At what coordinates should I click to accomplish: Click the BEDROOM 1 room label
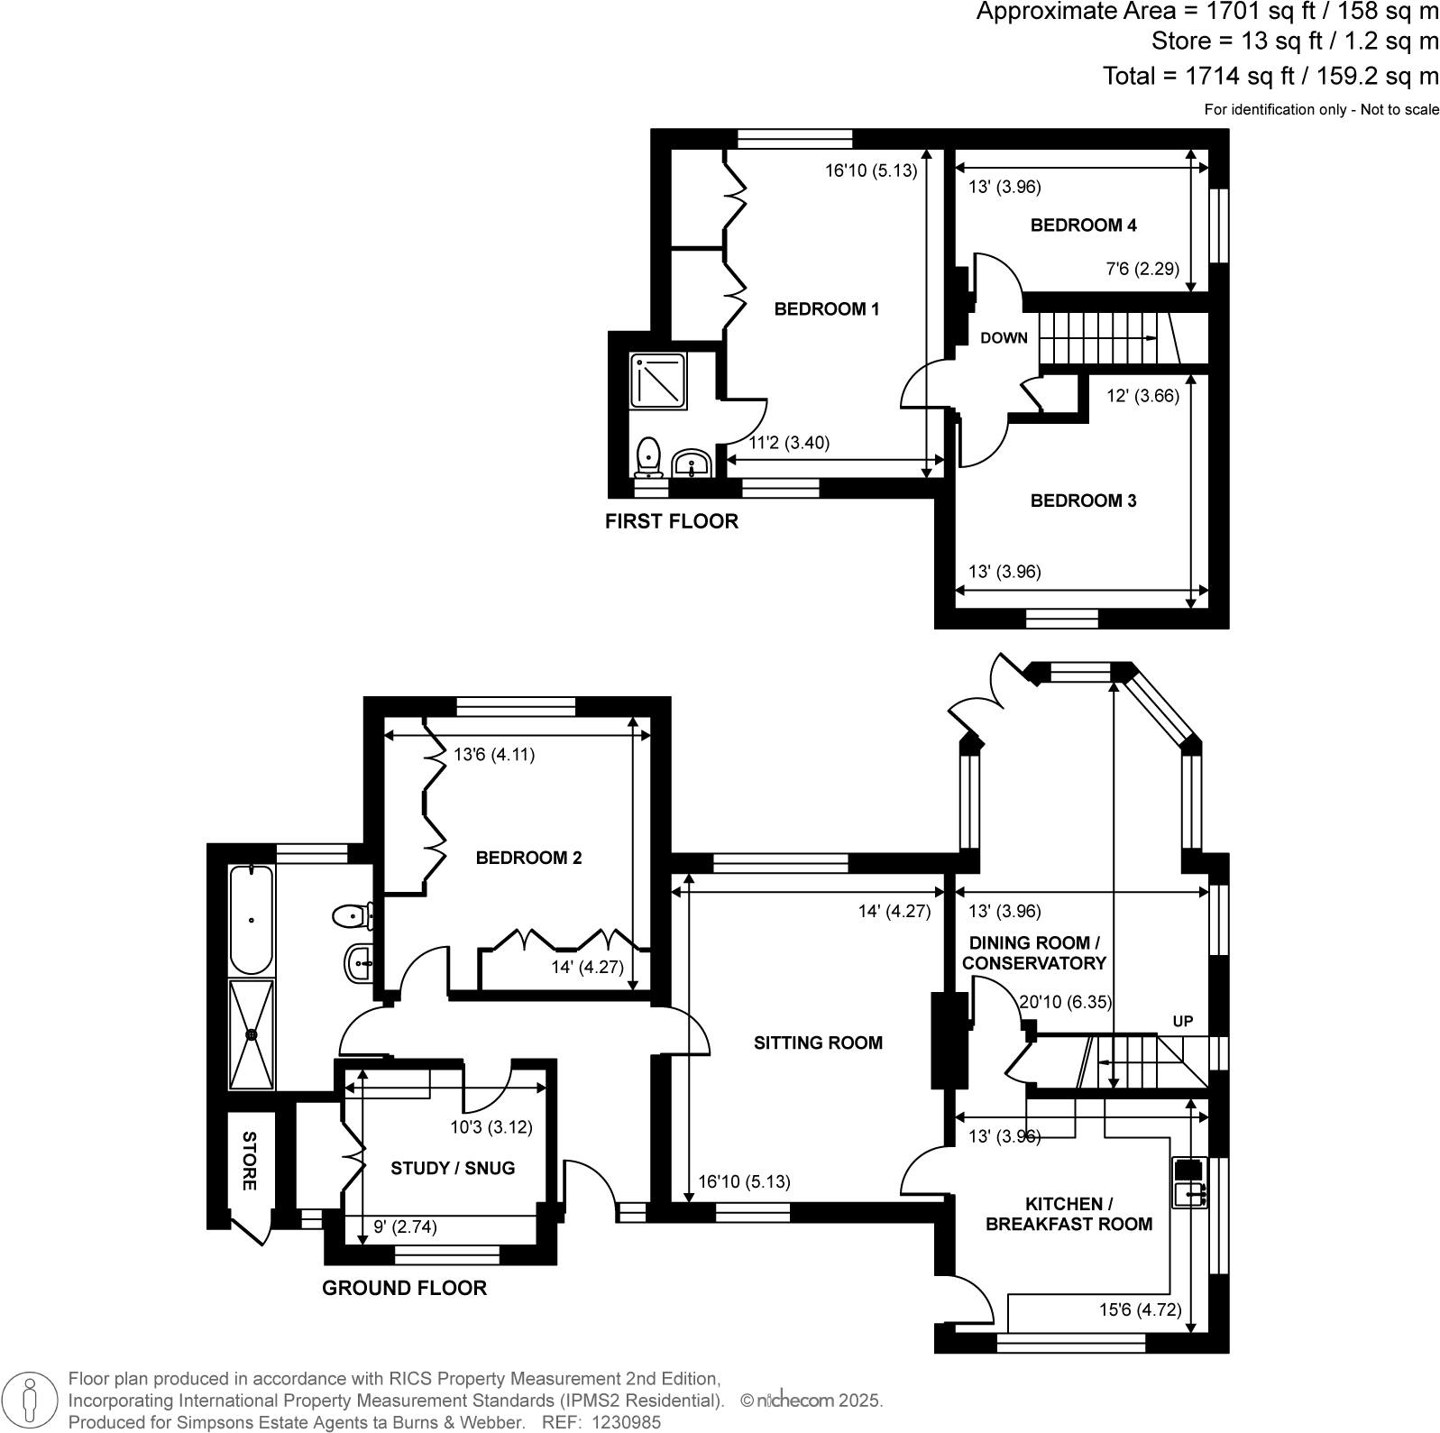coord(826,309)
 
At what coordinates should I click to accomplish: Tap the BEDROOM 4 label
coord(1083,225)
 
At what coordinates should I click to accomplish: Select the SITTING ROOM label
coord(818,1043)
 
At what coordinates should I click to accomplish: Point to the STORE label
coord(249,1161)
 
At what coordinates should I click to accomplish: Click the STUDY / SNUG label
coord(453,1168)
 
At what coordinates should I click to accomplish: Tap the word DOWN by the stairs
coord(1004,338)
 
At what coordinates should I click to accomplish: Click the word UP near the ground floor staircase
coord(1182,1022)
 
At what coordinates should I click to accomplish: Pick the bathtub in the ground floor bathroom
coord(252,920)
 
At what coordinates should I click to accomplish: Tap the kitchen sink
coord(1189,1183)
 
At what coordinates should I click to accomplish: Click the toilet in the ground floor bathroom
coord(352,917)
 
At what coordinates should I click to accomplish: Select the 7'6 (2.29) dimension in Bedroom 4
coord(1142,268)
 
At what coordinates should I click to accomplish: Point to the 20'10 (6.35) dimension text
coord(1065,1002)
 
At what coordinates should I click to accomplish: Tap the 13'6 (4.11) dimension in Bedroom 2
coord(494,755)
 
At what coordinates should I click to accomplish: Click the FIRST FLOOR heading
coord(672,521)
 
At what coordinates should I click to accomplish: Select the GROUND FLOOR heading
coord(405,1288)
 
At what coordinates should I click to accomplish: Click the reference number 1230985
coord(626,1422)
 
